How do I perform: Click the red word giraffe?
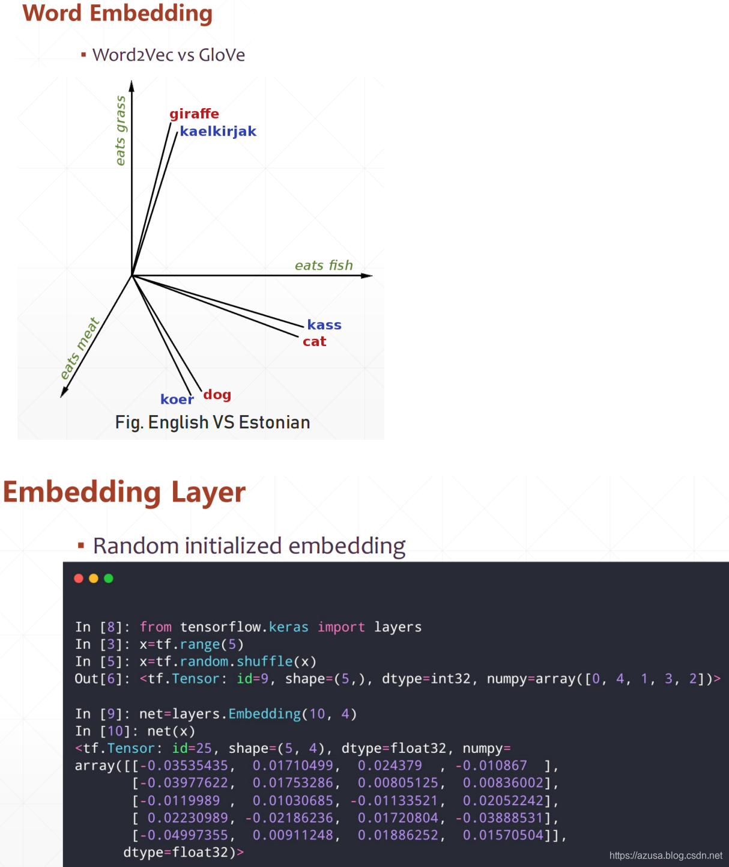tap(194, 114)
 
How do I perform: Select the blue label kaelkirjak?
tap(218, 132)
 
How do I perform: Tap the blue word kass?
tap(324, 325)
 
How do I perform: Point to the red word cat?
tap(314, 342)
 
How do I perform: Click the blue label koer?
tap(177, 400)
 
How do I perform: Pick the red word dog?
tap(217, 395)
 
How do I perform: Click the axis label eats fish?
tap(324, 266)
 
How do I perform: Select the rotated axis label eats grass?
tap(121, 130)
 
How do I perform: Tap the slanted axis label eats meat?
tap(79, 348)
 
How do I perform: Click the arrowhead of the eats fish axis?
tap(368, 276)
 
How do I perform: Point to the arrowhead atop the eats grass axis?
tap(132, 86)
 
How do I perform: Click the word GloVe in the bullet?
tap(222, 55)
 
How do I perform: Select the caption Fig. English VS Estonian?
tap(213, 422)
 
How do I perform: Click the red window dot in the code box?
tap(79, 578)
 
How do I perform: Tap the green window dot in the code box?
tap(109, 578)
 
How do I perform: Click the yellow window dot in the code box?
tap(94, 578)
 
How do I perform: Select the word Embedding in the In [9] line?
tap(264, 714)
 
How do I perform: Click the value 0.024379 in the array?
tap(390, 765)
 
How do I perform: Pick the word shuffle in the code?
tap(264, 662)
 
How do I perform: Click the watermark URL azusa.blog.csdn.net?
tap(665, 856)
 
